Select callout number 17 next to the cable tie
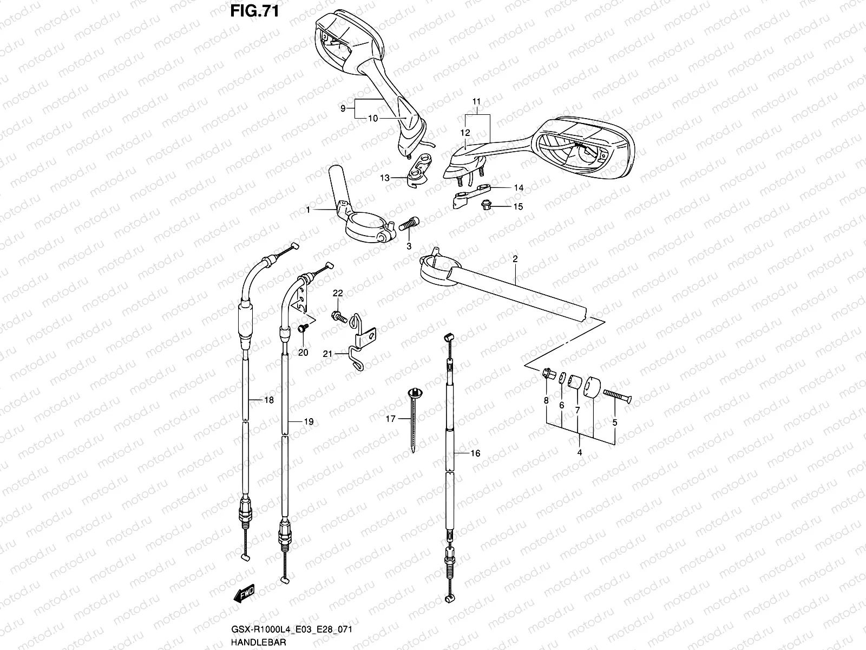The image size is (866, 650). click(391, 418)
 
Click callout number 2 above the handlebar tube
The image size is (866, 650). click(515, 259)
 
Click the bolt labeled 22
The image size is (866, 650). click(339, 316)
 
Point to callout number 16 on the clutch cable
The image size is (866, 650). click(475, 453)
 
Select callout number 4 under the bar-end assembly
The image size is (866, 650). click(580, 452)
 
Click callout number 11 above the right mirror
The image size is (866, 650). click(476, 101)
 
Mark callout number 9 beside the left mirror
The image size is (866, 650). click(343, 108)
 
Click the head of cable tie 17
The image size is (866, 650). click(416, 392)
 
